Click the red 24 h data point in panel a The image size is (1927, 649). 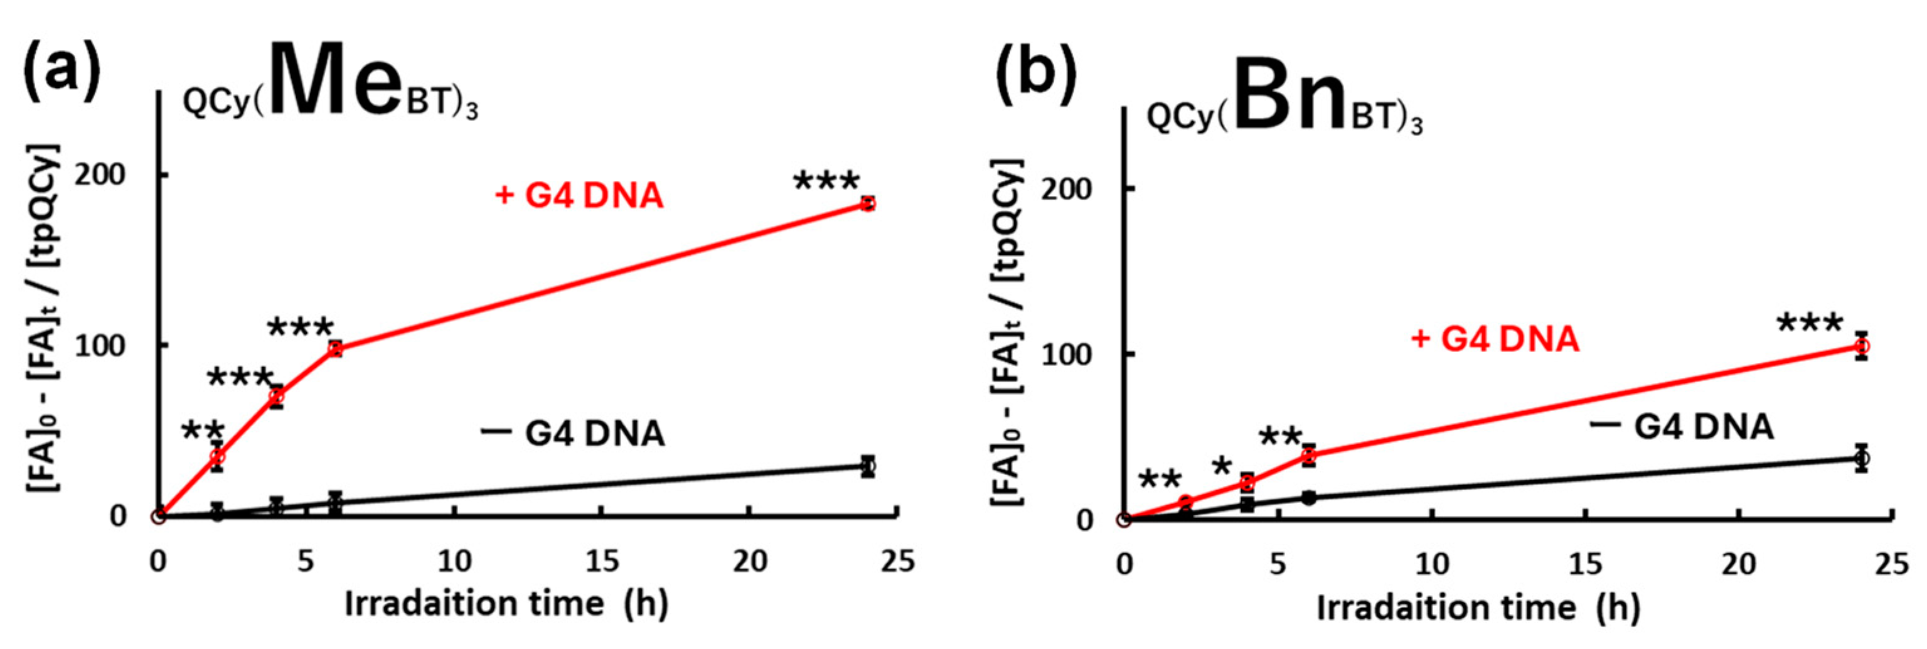point(868,203)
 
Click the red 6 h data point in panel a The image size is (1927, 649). point(335,349)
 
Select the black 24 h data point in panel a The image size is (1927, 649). point(868,466)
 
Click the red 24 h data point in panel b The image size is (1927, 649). point(1862,346)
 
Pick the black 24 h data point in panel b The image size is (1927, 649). point(1862,458)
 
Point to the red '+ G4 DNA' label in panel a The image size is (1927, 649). point(580,196)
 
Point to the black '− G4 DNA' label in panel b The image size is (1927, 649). point(1682,427)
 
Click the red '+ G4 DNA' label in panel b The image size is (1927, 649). point(1495,339)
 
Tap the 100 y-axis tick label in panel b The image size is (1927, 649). point(1066,354)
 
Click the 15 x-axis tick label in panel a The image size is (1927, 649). point(602,560)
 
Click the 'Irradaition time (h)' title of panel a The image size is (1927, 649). point(506,604)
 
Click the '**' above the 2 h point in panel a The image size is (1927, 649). point(203,432)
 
